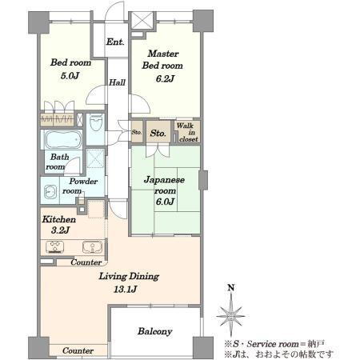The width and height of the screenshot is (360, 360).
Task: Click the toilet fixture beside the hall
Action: (96, 122)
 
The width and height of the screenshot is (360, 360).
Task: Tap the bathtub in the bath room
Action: (63, 140)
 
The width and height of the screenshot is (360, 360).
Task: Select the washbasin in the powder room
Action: (50, 191)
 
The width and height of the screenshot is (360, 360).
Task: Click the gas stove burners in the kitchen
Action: (55, 247)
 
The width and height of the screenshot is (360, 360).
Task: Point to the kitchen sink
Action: (92, 247)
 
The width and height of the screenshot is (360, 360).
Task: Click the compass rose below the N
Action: (230, 316)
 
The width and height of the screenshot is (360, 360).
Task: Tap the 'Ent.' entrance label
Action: (115, 42)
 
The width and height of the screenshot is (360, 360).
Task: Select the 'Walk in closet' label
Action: (188, 132)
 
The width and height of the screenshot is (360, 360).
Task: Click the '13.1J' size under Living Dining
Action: (126, 289)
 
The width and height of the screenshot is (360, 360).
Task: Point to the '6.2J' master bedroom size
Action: (165, 78)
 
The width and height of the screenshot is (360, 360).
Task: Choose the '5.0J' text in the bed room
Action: (70, 76)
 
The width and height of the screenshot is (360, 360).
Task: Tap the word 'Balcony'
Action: (155, 331)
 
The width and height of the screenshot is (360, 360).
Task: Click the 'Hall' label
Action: (117, 82)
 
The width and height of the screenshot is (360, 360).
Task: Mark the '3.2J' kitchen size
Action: (60, 230)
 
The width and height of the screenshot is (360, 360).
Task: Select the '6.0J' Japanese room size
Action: (165, 202)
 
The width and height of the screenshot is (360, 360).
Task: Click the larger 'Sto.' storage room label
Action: (158, 133)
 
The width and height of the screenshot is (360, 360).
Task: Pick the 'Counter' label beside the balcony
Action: (78, 350)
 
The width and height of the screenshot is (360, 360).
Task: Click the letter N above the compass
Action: (231, 288)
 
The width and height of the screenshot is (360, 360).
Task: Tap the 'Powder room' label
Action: (80, 186)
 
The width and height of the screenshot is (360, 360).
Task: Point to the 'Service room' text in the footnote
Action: (273, 344)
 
